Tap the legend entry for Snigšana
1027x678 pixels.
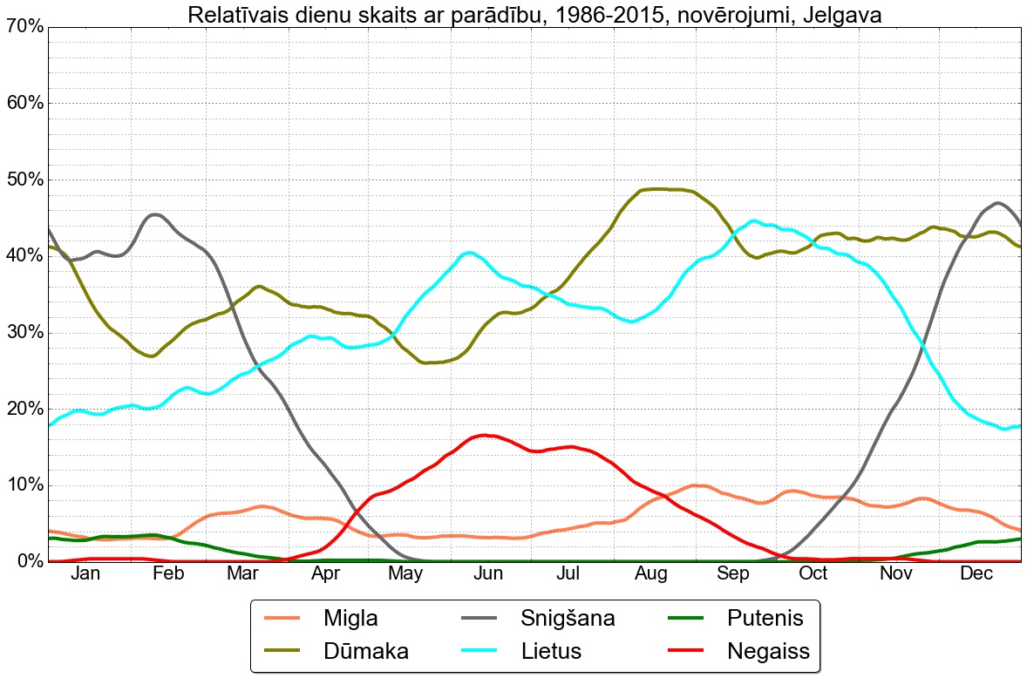[568, 619]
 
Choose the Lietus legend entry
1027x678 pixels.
[551, 650]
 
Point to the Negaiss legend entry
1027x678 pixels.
[768, 650]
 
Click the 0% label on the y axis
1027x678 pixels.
[29, 561]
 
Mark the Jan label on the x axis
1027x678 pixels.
[85, 573]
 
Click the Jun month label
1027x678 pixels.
[488, 573]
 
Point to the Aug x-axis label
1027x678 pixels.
[651, 573]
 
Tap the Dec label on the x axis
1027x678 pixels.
[977, 573]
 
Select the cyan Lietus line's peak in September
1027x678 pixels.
[754, 220]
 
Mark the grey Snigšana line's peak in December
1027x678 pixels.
[997, 203]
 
